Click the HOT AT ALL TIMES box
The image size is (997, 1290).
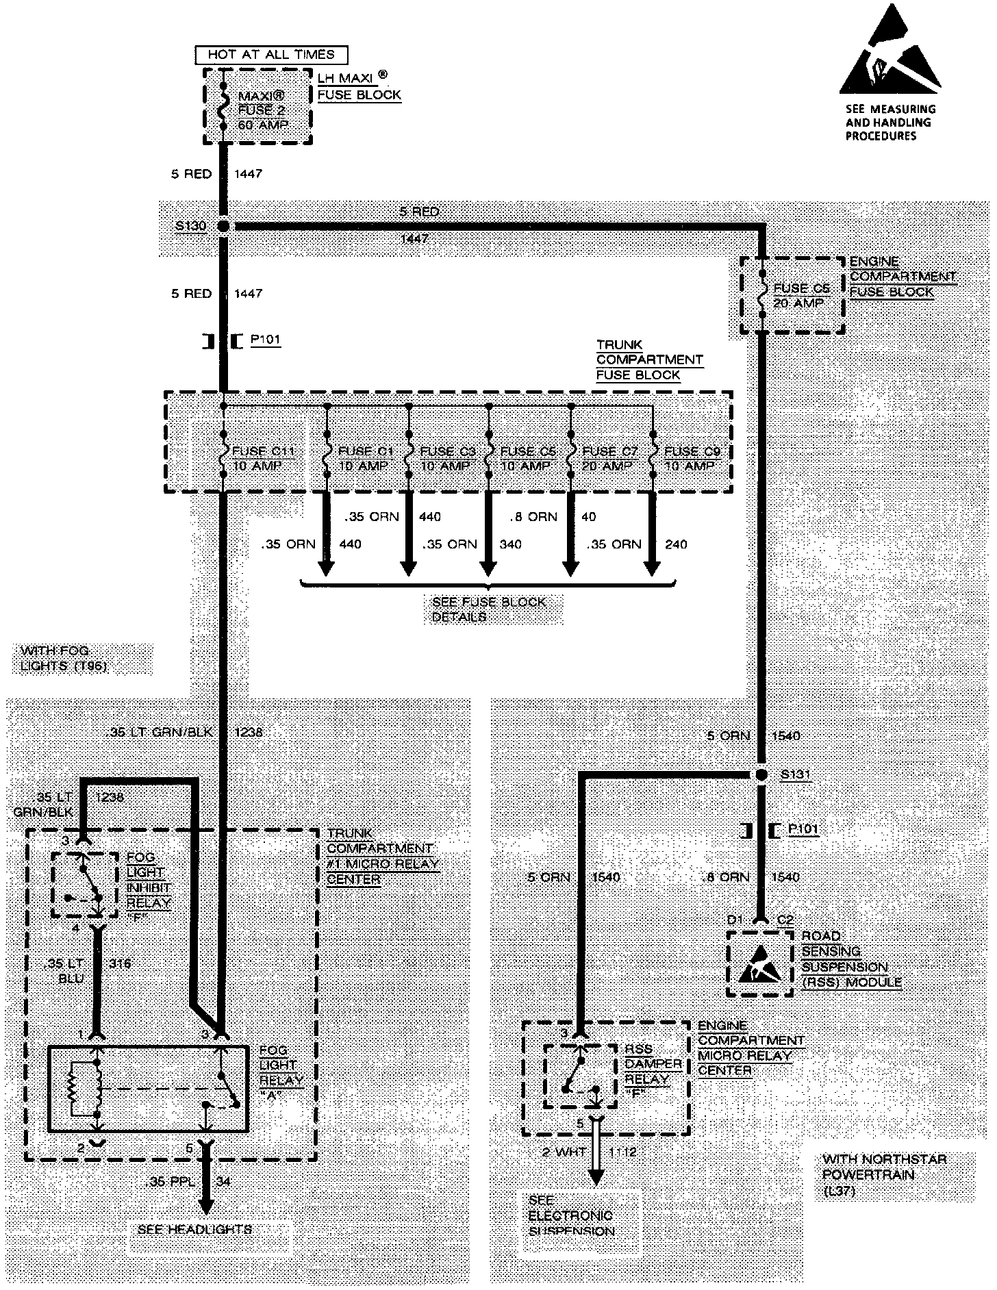click(x=271, y=55)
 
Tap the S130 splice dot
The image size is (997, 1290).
click(x=223, y=226)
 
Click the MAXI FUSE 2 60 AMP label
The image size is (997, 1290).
click(x=263, y=110)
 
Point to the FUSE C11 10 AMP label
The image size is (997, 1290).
click(x=263, y=458)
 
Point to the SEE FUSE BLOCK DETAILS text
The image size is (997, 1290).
click(x=489, y=609)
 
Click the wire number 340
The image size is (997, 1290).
click(x=510, y=544)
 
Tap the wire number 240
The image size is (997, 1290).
click(x=676, y=544)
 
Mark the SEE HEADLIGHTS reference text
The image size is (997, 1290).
click(x=195, y=1229)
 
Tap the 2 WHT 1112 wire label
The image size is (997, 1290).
click(x=589, y=1152)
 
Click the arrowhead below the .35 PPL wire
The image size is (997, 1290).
click(x=206, y=1206)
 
